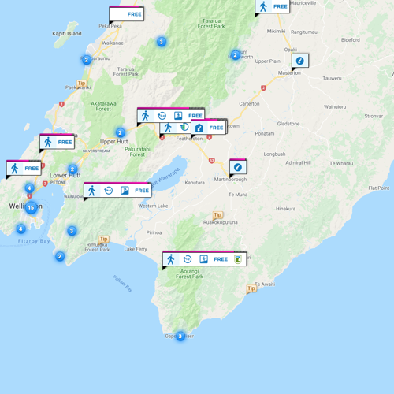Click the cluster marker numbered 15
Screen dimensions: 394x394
31,207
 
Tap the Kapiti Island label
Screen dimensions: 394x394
66,35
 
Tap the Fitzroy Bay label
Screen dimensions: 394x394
34,241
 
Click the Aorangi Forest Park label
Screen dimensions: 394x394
189,274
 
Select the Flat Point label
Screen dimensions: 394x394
378,188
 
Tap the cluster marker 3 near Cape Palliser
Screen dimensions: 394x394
180,336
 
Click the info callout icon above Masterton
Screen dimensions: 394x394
299,60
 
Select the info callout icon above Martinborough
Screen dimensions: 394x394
237,166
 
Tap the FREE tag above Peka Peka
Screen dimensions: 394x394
134,14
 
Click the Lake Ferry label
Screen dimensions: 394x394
136,249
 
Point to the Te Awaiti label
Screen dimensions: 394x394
265,284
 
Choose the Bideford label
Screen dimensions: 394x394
350,39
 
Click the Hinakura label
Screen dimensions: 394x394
285,209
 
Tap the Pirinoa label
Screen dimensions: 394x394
154,232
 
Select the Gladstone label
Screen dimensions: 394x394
288,124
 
